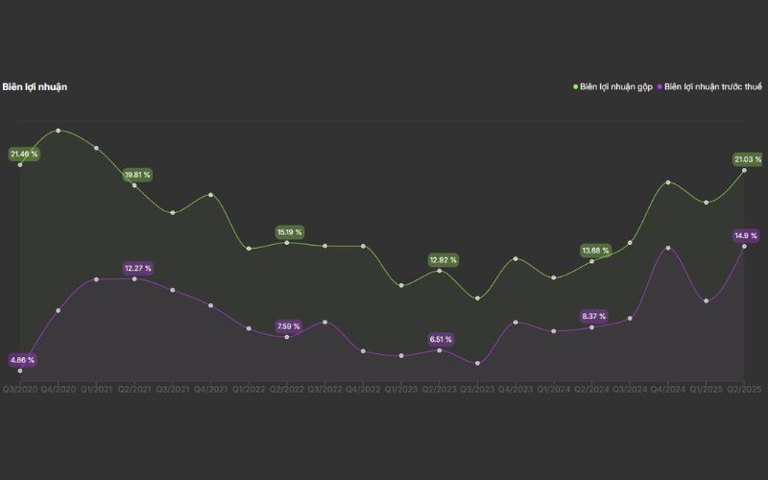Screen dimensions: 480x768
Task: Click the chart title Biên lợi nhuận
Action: [x=35, y=87]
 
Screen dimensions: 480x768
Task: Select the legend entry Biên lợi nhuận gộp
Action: [x=615, y=87]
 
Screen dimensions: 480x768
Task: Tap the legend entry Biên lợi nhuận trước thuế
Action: [x=712, y=87]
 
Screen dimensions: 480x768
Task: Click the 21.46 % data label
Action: [x=24, y=154]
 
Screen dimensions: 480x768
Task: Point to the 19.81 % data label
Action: [x=137, y=175]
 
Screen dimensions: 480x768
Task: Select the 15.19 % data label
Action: [x=289, y=232]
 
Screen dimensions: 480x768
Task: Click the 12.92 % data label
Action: [x=443, y=260]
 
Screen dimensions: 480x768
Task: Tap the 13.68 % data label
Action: [x=595, y=251]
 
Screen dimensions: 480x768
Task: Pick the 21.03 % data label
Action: [x=747, y=159]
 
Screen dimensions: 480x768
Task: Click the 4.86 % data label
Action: [x=22, y=360]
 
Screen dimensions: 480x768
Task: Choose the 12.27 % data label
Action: [x=137, y=268]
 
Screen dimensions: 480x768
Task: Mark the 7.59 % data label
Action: [x=288, y=326]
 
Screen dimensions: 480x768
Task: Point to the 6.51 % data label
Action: [x=442, y=339]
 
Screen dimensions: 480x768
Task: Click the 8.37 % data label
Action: [x=595, y=316]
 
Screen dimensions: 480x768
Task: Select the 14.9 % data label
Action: [x=746, y=235]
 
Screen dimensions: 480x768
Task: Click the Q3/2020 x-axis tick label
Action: [x=20, y=389]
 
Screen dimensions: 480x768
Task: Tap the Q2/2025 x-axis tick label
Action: [x=744, y=389]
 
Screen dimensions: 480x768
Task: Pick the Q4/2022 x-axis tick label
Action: [x=363, y=389]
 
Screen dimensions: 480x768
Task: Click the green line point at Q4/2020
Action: [x=59, y=131]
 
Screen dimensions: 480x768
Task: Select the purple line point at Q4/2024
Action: [x=668, y=248]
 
